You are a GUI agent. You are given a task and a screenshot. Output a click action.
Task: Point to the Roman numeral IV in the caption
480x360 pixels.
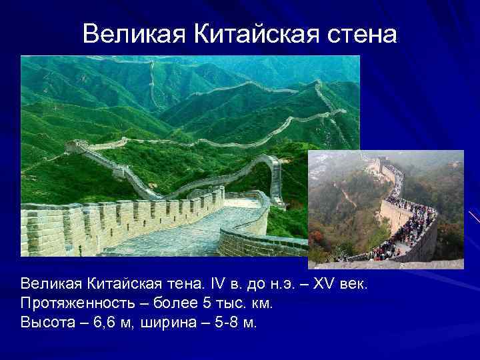coord(203,285)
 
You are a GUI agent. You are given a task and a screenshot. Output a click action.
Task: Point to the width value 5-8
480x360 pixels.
coord(224,322)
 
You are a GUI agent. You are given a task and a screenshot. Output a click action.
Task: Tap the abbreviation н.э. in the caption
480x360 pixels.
coord(270,285)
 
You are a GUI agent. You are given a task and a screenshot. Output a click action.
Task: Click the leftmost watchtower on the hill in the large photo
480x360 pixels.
coord(77,145)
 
